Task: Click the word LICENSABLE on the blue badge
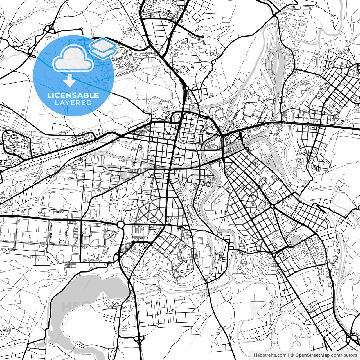(x=73, y=95)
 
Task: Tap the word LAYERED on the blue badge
(x=73, y=103)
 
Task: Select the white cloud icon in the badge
(x=73, y=58)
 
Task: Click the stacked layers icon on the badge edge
(x=103, y=47)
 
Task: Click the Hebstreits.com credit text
(x=270, y=355)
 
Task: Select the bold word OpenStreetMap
(x=312, y=355)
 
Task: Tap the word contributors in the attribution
(x=344, y=355)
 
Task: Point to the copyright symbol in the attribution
(x=292, y=355)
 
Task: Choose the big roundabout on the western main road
(x=121, y=224)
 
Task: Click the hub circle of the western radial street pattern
(x=150, y=201)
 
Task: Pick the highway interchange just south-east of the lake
(x=138, y=339)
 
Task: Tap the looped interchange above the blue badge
(x=48, y=29)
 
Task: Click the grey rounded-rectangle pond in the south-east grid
(x=295, y=240)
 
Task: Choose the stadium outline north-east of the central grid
(x=219, y=113)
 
